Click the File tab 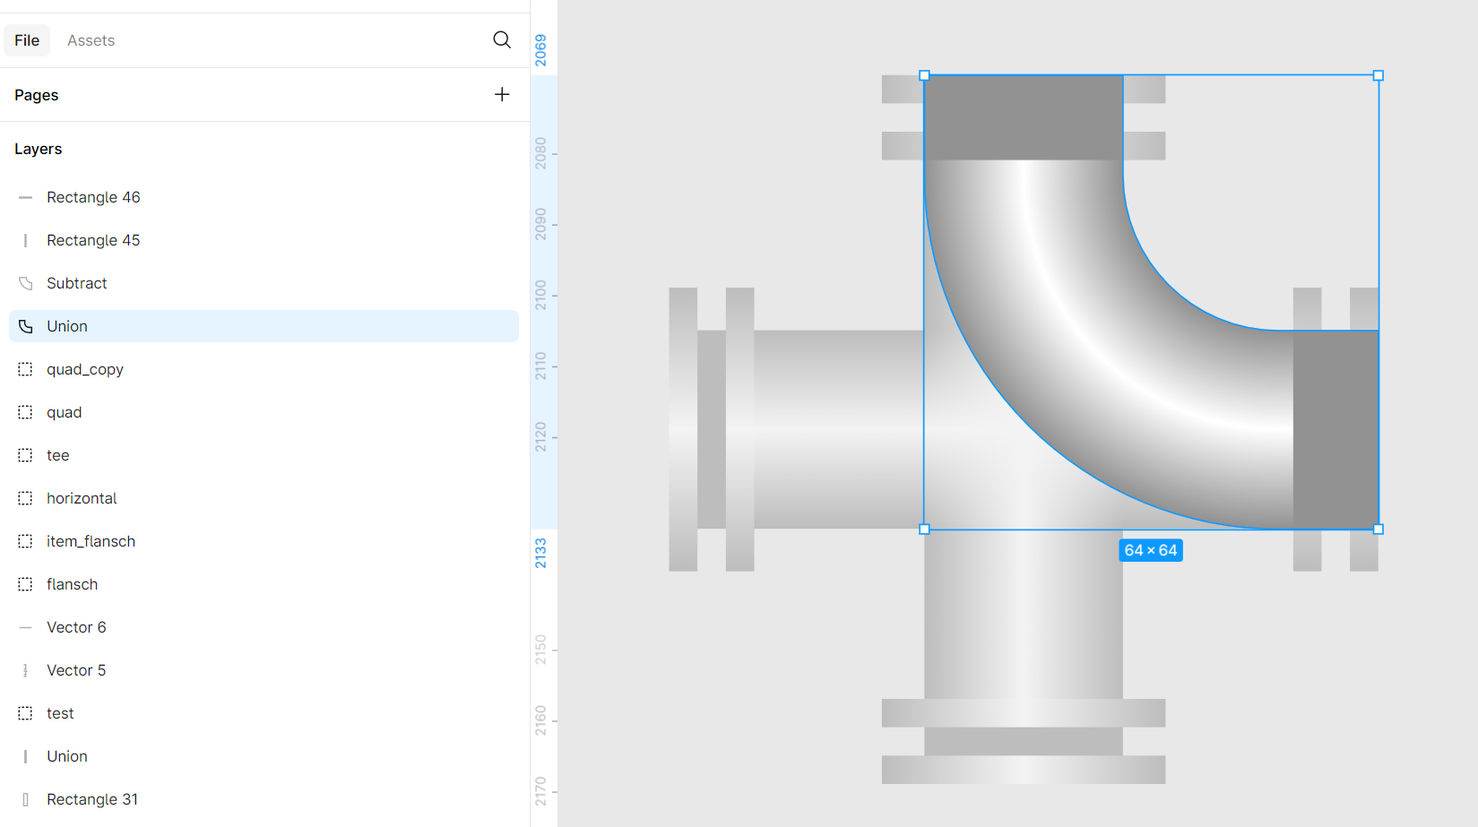27,40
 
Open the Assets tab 91,40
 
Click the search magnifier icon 501,40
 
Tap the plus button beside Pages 501,94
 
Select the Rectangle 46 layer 93,197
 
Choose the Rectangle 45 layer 93,240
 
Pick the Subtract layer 76,283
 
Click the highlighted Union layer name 66,326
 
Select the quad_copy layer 84,369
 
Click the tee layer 58,455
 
